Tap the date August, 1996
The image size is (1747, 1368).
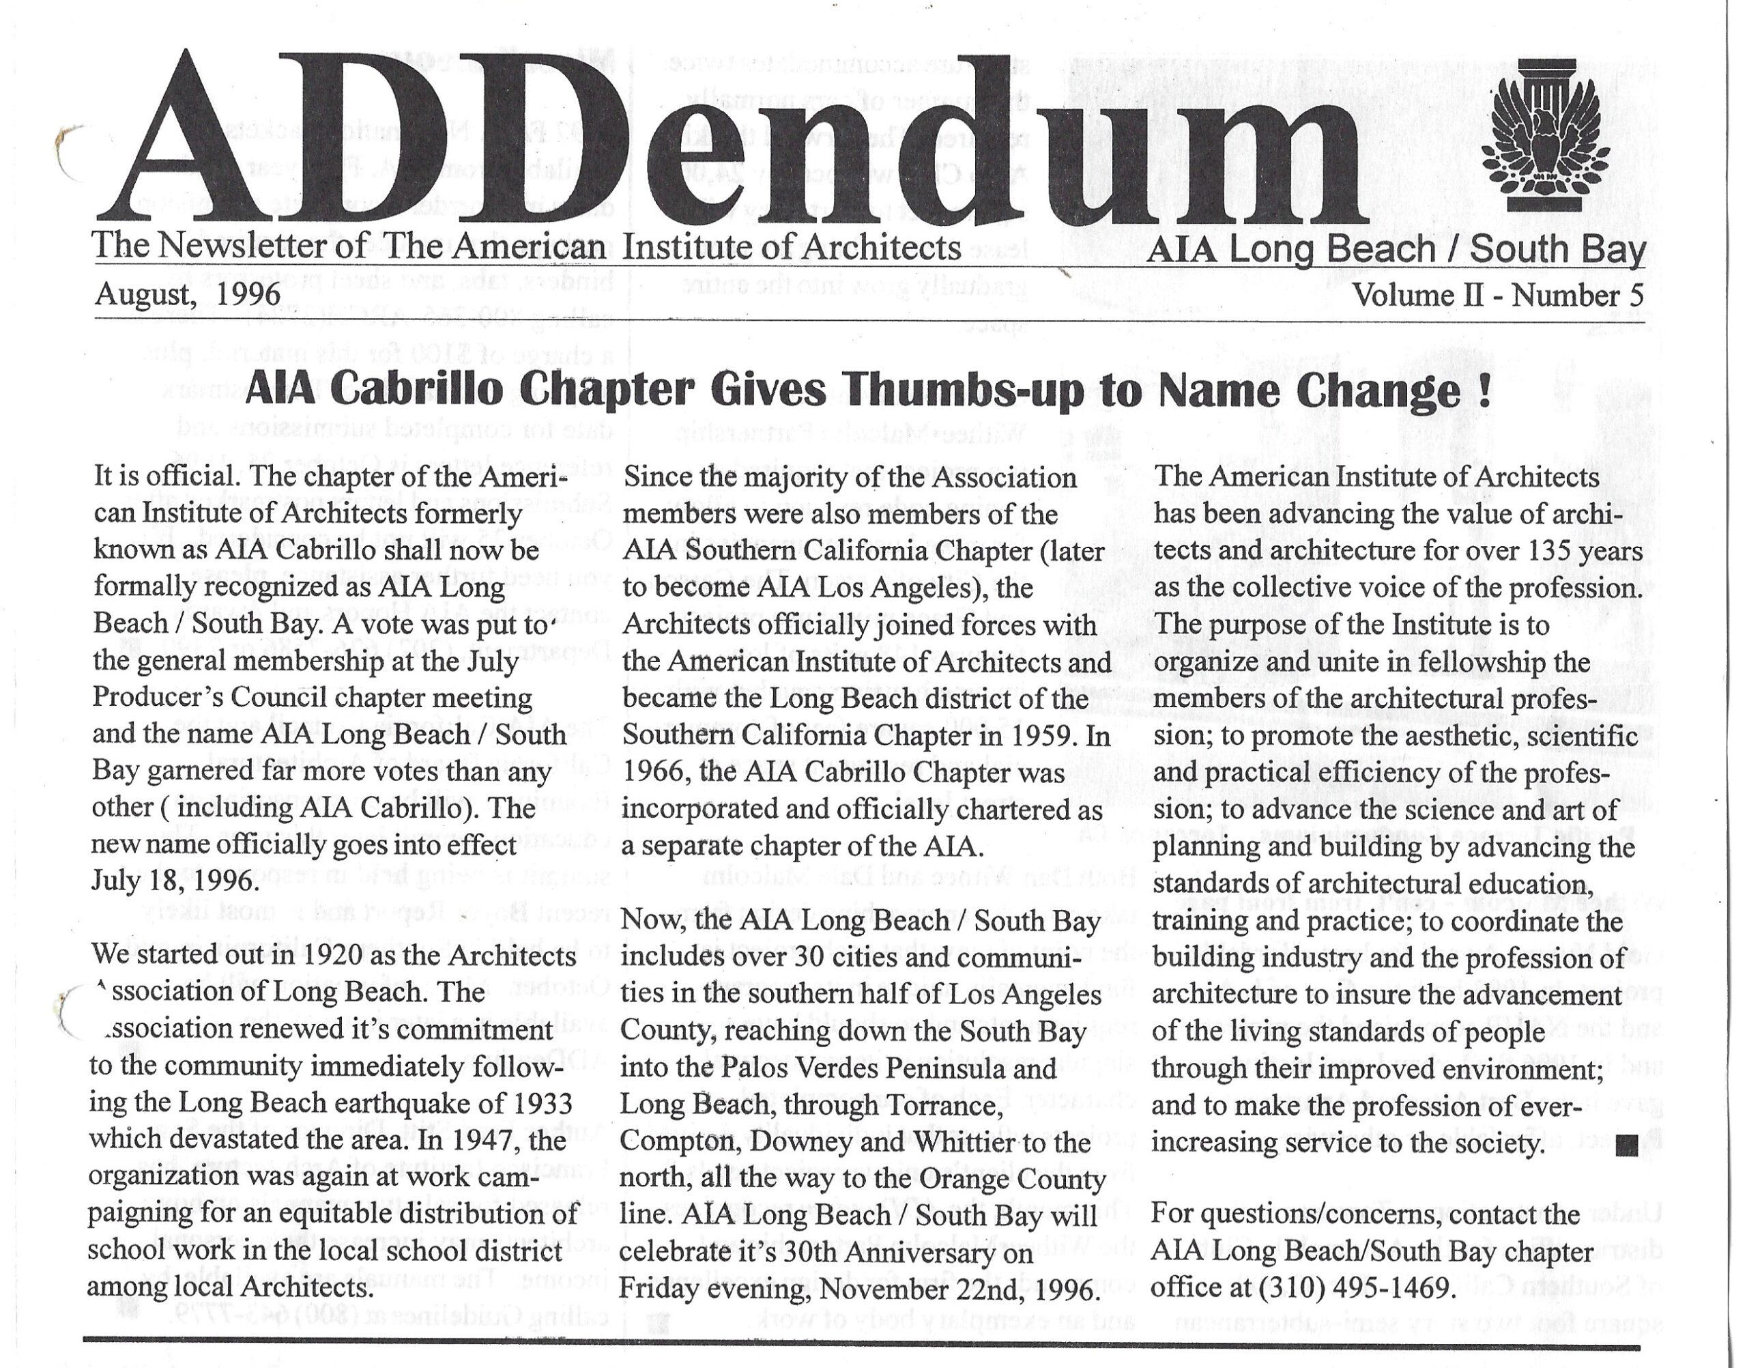tap(188, 295)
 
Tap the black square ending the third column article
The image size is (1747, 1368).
tap(1626, 1146)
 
